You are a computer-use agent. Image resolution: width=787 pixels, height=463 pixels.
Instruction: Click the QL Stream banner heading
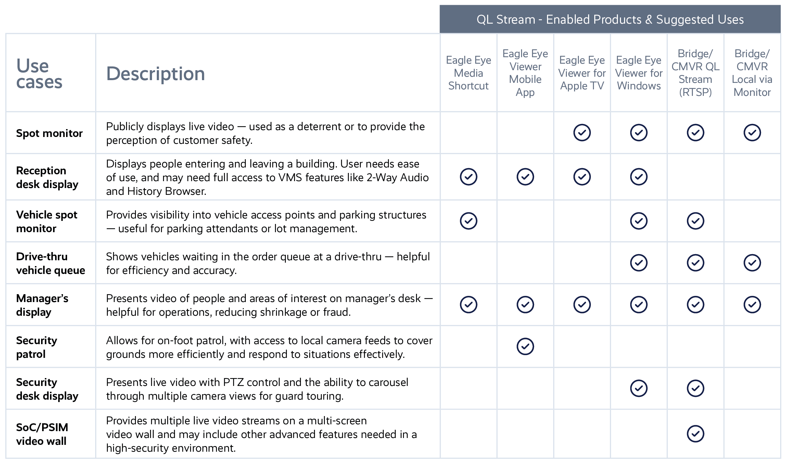tap(610, 20)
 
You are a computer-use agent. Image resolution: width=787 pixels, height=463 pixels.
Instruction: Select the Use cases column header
tap(39, 74)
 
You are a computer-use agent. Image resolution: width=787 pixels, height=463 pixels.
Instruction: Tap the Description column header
tap(155, 74)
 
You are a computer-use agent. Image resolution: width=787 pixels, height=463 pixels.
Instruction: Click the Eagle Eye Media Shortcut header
tap(468, 73)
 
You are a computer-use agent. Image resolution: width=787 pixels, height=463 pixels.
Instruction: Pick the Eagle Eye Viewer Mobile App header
tap(525, 73)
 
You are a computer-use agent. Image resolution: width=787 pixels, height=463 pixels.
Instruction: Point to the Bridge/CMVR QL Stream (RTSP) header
tap(695, 73)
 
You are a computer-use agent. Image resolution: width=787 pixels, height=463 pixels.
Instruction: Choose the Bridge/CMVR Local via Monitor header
tap(752, 73)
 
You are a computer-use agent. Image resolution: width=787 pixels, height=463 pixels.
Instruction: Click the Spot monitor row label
tap(49, 133)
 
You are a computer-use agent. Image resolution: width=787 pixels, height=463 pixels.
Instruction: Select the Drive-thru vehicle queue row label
tap(50, 263)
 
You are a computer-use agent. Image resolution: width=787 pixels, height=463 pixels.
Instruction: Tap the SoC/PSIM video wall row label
tap(42, 434)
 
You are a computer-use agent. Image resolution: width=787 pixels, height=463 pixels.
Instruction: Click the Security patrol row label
tap(36, 347)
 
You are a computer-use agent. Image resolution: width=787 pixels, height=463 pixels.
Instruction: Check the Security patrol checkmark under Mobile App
tap(525, 347)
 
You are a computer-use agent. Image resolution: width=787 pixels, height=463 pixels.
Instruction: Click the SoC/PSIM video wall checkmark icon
tap(695, 434)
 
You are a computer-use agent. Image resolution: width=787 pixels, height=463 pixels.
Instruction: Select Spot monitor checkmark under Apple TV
tap(582, 133)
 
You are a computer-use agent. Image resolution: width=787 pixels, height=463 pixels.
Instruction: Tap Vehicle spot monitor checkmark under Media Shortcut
tap(468, 221)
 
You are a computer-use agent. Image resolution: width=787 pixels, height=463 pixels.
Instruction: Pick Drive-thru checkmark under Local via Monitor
tap(752, 263)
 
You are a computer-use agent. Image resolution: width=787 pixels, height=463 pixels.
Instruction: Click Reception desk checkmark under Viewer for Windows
tap(639, 177)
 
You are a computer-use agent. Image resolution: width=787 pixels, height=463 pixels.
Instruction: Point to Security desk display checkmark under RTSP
tap(695, 388)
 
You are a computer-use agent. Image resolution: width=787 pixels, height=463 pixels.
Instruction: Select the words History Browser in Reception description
tap(167, 191)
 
